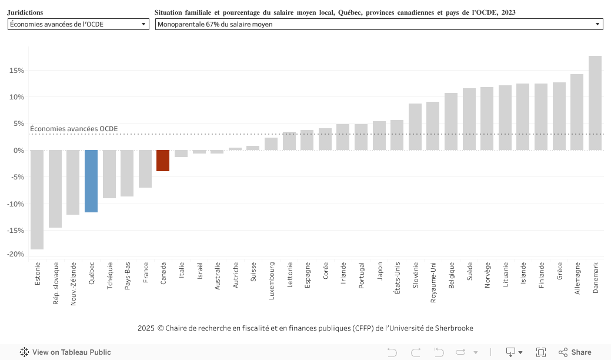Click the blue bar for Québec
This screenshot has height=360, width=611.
click(91, 181)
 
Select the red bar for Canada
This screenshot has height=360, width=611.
click(163, 161)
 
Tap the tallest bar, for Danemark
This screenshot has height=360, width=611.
click(595, 103)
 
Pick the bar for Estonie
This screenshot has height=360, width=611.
click(37, 199)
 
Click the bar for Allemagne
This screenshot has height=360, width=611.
click(577, 112)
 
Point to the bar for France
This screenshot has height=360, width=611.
click(145, 169)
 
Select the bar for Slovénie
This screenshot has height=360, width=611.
click(415, 126)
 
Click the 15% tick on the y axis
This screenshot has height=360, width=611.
click(16, 71)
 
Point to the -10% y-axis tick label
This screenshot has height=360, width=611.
click(15, 204)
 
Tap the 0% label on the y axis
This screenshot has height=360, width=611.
click(18, 151)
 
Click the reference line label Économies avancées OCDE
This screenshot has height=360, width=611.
click(74, 129)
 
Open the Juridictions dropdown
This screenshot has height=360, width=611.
click(78, 24)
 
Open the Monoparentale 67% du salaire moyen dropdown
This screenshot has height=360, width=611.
click(379, 24)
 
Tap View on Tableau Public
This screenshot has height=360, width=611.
click(65, 352)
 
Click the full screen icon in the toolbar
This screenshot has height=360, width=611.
click(541, 352)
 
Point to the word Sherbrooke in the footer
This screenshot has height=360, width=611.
click(453, 328)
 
